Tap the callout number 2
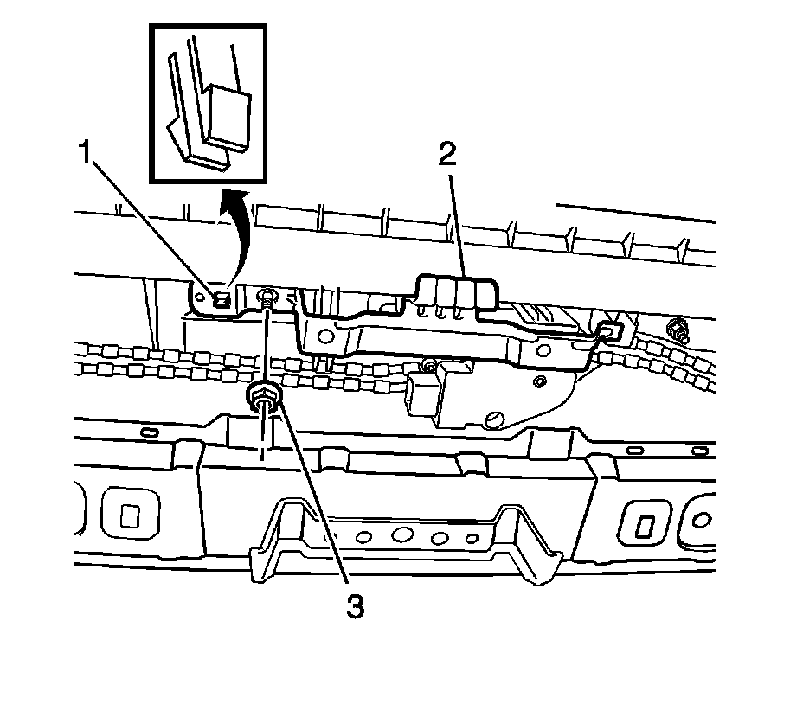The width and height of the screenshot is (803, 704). tap(447, 156)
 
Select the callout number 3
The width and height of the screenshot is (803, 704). tap(354, 606)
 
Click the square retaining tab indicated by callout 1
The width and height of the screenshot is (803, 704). tap(222, 299)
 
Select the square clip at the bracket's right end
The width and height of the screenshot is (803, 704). tap(608, 329)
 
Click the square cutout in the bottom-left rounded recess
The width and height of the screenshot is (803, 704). tap(129, 515)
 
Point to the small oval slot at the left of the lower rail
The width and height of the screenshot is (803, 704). tap(148, 431)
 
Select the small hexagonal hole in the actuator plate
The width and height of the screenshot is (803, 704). tap(539, 380)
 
